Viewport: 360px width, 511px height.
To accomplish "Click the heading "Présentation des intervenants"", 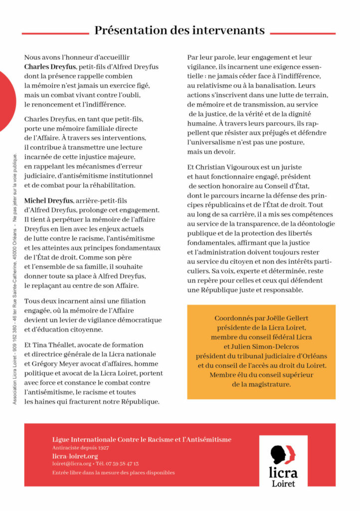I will point(180,30).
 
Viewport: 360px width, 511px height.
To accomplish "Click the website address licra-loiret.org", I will point(75,456).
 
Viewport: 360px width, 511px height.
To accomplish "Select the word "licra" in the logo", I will point(283,472).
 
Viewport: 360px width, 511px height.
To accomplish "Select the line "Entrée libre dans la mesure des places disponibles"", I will point(113,472).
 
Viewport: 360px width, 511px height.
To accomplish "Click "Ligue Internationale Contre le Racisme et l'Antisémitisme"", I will point(142,439).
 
